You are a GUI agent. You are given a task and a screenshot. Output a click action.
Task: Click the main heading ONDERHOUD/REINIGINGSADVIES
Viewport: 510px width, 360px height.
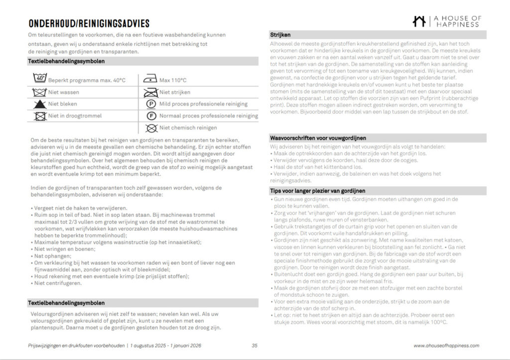(89, 24)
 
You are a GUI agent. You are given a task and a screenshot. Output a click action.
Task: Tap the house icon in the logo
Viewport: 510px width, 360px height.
(419, 21)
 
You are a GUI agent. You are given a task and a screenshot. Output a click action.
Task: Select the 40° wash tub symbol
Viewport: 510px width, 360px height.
(39, 79)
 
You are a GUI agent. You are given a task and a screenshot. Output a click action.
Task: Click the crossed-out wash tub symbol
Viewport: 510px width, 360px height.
(39, 92)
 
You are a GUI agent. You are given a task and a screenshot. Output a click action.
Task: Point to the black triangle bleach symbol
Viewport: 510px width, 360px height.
(39, 104)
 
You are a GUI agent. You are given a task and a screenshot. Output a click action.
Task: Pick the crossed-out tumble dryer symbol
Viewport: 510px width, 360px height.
(39, 116)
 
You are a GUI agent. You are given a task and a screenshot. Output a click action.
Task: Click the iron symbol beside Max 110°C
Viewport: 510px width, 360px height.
(150, 80)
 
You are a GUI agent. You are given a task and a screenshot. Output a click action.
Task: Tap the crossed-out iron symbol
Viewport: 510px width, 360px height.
(150, 92)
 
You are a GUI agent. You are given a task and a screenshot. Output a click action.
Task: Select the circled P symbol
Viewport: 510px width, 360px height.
(150, 104)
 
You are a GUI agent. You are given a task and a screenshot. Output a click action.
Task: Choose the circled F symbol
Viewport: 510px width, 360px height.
(150, 116)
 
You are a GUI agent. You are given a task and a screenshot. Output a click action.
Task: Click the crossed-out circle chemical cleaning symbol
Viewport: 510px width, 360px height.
(150, 128)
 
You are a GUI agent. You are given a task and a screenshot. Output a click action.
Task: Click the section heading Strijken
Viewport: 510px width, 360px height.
(280, 35)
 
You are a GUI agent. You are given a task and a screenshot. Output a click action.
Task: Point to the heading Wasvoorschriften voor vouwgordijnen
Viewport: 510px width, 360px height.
(321, 138)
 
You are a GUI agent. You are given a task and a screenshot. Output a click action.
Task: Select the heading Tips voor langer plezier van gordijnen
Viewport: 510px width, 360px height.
(318, 191)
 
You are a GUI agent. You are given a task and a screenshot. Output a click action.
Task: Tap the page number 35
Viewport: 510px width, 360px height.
(255, 346)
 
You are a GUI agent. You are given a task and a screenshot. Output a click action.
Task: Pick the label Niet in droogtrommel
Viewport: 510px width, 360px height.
(75, 116)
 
